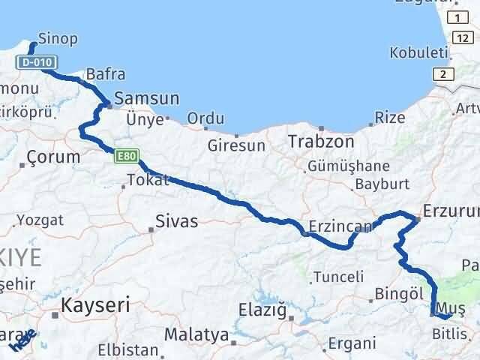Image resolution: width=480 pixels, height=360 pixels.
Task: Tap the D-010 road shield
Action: (35, 61)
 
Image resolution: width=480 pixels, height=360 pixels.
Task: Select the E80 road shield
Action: (125, 156)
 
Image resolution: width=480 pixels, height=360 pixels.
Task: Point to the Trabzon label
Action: (322, 140)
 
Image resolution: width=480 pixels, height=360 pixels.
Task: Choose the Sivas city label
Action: (177, 221)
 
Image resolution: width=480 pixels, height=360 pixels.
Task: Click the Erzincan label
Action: (330, 224)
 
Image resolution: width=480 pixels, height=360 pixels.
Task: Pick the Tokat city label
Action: (148, 180)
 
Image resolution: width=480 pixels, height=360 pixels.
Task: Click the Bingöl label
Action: (400, 293)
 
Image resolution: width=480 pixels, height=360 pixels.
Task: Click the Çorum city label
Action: (52, 157)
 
